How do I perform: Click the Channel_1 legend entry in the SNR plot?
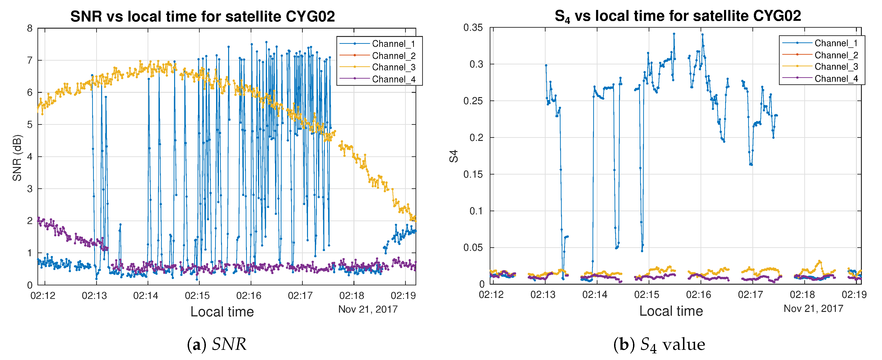393,44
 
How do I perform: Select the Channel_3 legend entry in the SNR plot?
393,67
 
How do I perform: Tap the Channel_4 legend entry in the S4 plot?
836,79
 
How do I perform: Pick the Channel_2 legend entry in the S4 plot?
836,55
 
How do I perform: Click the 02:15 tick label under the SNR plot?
197,296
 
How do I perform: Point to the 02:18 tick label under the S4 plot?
802,295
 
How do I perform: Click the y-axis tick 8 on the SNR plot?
30,28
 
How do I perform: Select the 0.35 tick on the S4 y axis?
473,28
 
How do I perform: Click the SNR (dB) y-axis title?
17,158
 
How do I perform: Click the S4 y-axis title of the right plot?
454,156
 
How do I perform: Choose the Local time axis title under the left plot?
222,312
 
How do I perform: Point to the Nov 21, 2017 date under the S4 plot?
813,309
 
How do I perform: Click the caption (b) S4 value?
659,344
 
